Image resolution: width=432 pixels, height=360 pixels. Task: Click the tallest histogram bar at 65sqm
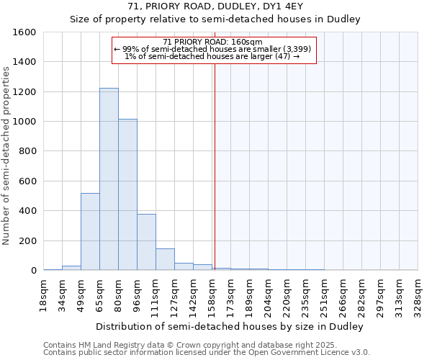(109, 180)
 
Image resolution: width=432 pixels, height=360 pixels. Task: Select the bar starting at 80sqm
(127, 194)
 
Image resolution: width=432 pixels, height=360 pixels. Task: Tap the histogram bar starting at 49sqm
(90, 232)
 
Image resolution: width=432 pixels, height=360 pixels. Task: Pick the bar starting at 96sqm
(146, 242)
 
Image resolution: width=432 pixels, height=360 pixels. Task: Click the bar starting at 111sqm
(165, 259)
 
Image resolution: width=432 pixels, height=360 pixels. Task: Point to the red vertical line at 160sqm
(215, 166)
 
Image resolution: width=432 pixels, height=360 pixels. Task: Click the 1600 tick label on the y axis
(25, 32)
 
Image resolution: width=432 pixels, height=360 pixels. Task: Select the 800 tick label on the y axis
(28, 151)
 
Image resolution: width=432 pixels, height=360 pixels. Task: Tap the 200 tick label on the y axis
(28, 240)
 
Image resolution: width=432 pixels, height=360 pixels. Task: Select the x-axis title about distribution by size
(230, 326)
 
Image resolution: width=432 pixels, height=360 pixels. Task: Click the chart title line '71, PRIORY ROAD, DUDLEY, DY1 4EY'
(215, 6)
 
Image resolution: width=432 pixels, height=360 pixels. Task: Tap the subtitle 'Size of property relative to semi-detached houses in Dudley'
(215, 19)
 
